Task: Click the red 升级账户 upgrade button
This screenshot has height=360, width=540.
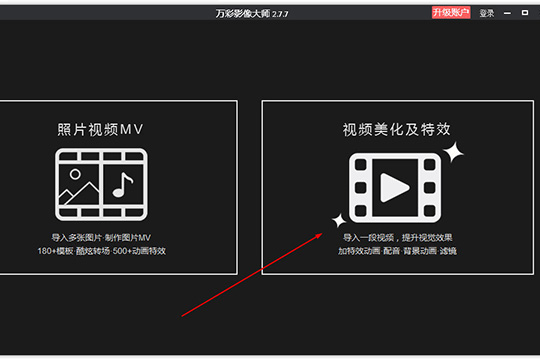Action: click(451, 13)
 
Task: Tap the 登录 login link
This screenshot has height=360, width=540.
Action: click(487, 13)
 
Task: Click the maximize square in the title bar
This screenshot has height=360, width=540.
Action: click(526, 13)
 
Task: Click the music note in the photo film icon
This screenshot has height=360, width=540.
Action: click(122, 185)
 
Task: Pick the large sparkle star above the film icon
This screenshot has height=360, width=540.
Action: click(454, 152)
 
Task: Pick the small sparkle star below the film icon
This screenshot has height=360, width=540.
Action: click(338, 219)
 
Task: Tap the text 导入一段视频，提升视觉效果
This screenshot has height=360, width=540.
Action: click(397, 237)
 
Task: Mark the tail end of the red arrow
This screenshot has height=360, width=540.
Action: click(182, 316)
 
